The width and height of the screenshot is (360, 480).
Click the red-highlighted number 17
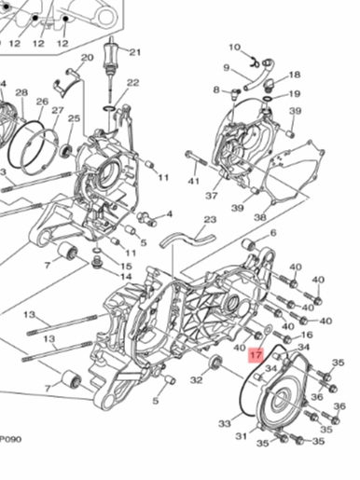point(256,355)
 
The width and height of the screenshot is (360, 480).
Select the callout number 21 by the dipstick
point(134,52)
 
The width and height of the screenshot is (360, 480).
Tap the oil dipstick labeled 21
point(110,69)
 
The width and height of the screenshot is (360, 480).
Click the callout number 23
point(210,220)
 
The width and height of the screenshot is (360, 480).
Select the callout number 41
point(193,181)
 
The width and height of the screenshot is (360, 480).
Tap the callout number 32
point(197,380)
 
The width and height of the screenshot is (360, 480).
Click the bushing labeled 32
point(215,362)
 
